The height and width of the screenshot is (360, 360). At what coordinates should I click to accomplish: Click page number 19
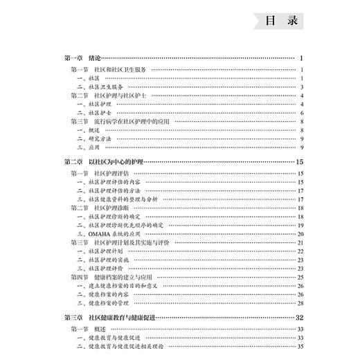click(x=300, y=225)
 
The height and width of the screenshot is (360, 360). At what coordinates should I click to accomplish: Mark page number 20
click(x=300, y=233)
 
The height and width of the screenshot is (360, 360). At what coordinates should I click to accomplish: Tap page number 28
click(x=300, y=303)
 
